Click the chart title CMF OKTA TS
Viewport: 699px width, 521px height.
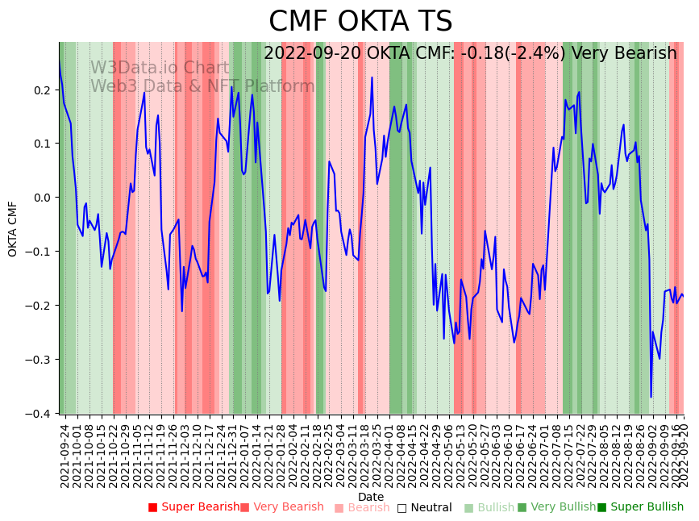coord(360,22)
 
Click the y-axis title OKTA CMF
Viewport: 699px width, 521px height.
coord(13,229)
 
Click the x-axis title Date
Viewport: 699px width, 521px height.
coord(371,497)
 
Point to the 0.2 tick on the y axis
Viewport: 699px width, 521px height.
coord(42,90)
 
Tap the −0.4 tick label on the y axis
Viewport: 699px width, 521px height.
coord(39,414)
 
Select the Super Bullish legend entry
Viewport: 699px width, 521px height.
coord(640,507)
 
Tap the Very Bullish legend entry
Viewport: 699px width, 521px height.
coord(556,507)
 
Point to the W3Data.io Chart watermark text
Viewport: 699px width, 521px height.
coord(160,68)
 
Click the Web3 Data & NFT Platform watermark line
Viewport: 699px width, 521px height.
coord(202,86)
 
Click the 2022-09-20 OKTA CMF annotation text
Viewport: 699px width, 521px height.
coord(470,53)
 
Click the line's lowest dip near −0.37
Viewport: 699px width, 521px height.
coord(651,397)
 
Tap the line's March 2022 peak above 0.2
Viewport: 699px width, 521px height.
coord(372,77)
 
